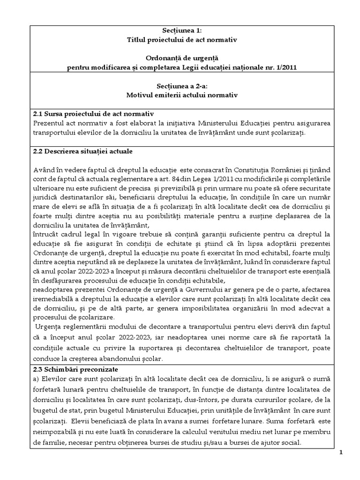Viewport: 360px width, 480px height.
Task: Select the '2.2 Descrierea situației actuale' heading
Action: pyautogui.click(x=83, y=151)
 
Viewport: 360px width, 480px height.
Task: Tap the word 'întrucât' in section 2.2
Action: pyautogui.click(x=47, y=233)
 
